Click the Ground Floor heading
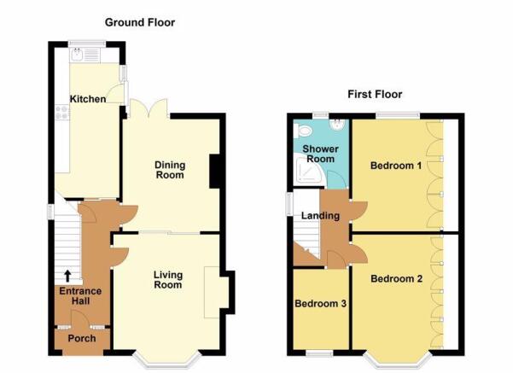(x=140, y=22)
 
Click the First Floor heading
(x=375, y=95)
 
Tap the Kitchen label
(x=88, y=99)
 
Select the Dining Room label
(x=170, y=170)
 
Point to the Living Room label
(x=168, y=280)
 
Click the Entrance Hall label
(x=80, y=296)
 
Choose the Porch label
(x=82, y=338)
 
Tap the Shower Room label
(x=320, y=154)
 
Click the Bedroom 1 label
(x=396, y=166)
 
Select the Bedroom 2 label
(x=397, y=279)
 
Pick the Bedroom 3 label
(x=320, y=304)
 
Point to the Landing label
(x=320, y=216)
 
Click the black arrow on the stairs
(x=67, y=277)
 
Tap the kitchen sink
(x=77, y=55)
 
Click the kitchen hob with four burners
(x=62, y=112)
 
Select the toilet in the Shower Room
(x=303, y=131)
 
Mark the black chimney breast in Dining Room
(x=214, y=171)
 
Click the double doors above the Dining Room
(x=149, y=108)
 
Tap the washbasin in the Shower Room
(x=338, y=125)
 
